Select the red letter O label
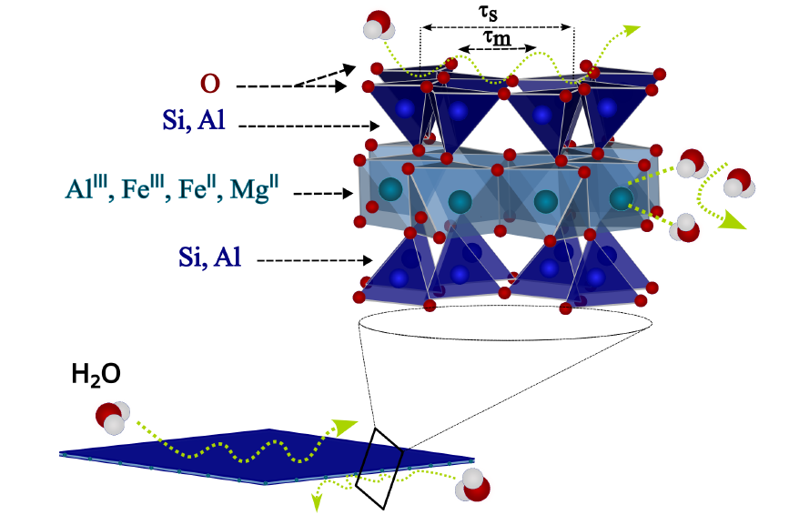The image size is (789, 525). (210, 84)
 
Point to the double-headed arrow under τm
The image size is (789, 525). (496, 48)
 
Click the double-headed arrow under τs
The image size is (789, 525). (496, 26)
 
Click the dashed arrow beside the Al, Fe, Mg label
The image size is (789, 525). (324, 193)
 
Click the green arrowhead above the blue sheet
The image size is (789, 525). (345, 425)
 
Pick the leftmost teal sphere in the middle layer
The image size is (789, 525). (390, 189)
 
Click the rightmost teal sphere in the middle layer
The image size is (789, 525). (620, 197)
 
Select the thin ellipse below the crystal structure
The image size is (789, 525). (507, 322)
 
